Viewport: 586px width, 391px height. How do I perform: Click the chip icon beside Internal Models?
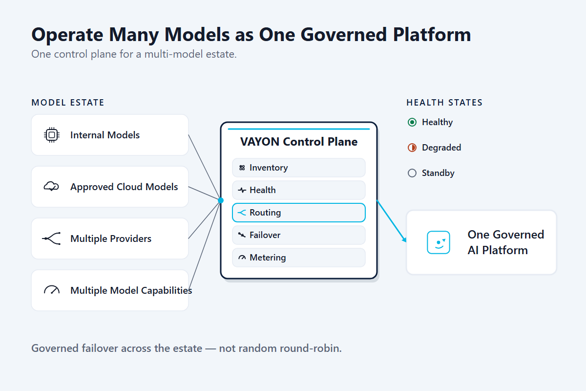[52, 135]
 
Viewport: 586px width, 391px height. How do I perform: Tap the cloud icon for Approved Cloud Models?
[51, 187]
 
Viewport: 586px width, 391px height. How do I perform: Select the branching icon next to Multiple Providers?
[51, 239]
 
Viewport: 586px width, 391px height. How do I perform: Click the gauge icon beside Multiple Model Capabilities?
[52, 290]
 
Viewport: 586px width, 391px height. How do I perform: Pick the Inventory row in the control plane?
[298, 168]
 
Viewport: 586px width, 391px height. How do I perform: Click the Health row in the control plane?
[298, 190]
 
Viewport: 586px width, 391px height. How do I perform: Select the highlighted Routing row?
[298, 213]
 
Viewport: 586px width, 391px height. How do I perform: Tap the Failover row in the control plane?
[298, 235]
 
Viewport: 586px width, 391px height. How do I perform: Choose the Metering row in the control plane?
[298, 258]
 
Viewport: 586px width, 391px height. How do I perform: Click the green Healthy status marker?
[412, 122]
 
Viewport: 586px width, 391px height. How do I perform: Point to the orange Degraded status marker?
[412, 148]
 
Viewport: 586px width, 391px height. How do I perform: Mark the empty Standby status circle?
[412, 173]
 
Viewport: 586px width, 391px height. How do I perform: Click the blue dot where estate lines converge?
[221, 200]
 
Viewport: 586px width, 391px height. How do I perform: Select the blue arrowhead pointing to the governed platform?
[404, 239]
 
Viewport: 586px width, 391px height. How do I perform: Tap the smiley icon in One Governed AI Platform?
[439, 242]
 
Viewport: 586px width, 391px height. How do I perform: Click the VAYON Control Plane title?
[299, 142]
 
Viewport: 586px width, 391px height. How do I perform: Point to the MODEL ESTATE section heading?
[68, 103]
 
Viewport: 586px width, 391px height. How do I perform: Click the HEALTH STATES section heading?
[444, 103]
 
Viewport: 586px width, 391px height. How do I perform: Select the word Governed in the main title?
[344, 35]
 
